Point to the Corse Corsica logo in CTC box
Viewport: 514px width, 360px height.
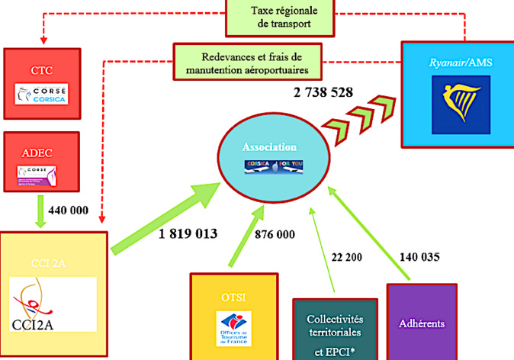[41, 95]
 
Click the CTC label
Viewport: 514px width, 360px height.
[41, 71]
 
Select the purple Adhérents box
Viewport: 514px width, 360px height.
[422, 321]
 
